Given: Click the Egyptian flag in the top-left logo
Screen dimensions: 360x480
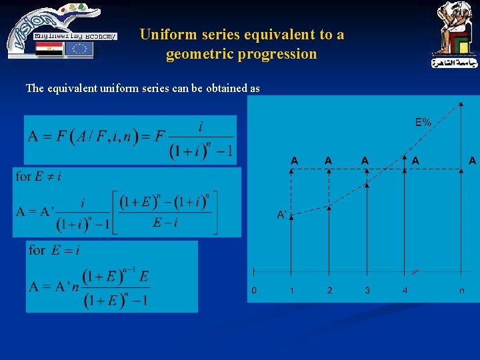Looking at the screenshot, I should click(49, 49).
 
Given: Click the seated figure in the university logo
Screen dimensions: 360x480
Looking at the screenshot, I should click(453, 27).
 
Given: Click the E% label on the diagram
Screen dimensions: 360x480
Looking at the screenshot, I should click(423, 122).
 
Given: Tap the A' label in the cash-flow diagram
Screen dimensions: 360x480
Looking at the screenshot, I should click(283, 215).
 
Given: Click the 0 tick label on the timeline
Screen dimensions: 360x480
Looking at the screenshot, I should click(253, 290).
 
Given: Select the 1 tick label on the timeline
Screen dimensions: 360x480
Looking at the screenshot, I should click(291, 290).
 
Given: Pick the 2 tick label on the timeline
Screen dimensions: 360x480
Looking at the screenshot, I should click(329, 290).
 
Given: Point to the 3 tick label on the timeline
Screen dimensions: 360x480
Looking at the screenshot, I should click(367, 290).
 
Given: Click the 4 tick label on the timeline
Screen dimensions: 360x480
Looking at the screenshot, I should click(405, 290).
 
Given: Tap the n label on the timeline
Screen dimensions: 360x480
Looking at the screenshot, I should click(462, 290).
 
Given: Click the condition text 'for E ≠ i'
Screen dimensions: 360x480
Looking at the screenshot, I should click(38, 177).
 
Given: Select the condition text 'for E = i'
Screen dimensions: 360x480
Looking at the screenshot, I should click(53, 250).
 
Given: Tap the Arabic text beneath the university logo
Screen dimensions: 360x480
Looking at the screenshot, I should click(455, 64).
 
